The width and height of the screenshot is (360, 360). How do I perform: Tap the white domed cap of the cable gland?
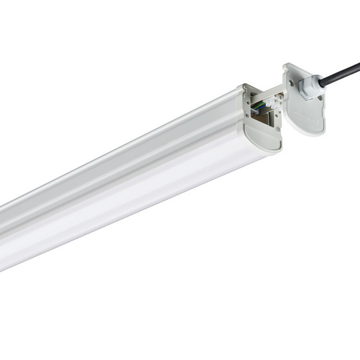coord(316,84)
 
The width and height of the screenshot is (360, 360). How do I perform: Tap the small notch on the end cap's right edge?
coord(325,108)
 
